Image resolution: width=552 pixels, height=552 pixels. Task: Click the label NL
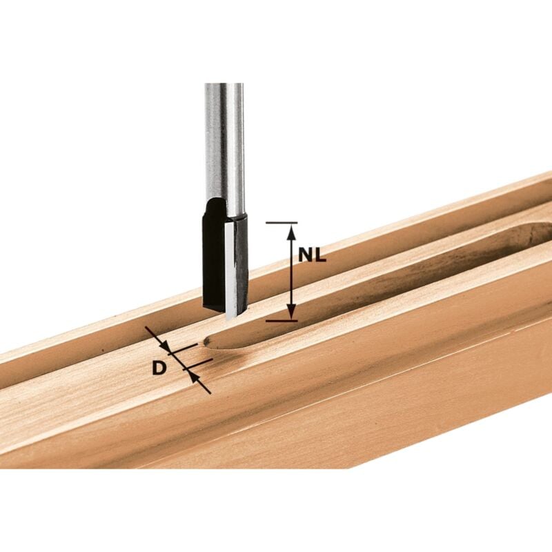[x=313, y=255]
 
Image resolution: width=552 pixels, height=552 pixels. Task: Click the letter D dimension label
[x=159, y=368]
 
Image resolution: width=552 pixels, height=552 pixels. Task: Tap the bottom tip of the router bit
[x=229, y=315]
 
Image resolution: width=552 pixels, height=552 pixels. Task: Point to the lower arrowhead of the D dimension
[x=193, y=376]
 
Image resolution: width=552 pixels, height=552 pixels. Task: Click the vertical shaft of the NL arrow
[x=291, y=273]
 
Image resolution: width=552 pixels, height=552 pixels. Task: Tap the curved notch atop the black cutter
[x=215, y=205]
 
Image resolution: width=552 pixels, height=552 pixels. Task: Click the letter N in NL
[x=306, y=255]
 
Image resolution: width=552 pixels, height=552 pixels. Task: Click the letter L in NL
[x=320, y=255]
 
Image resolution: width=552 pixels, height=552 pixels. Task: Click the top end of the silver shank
[x=224, y=87]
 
